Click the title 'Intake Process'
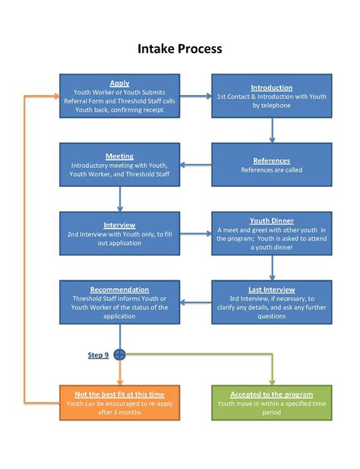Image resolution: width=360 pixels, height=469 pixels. point(180,49)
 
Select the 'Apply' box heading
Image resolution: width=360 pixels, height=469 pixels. point(119,84)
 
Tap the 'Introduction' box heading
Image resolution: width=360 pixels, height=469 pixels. point(271,88)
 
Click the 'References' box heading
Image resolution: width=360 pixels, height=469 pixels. point(271,161)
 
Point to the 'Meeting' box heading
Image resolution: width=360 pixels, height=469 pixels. point(119,156)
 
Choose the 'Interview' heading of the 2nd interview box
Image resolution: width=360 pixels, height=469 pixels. point(119,225)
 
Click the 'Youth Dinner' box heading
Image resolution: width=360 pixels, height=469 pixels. point(271,221)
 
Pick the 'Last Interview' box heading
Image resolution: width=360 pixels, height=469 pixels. point(271,290)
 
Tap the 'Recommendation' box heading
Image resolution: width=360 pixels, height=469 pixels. point(119,290)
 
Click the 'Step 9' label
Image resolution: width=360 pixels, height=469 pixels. point(98,355)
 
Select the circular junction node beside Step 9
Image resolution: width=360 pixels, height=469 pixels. point(119,354)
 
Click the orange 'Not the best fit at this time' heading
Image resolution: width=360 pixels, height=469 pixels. point(119,395)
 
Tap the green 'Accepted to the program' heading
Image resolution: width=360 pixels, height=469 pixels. point(271,395)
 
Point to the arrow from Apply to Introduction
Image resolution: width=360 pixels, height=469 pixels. point(195,96)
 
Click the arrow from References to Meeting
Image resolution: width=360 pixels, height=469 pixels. point(195,165)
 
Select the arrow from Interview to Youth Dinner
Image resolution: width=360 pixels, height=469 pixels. point(195,234)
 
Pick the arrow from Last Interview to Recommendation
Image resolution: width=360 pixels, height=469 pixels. point(195,302)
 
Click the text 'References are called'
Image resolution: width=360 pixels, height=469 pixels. point(271,170)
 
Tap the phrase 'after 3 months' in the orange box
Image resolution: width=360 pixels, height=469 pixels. point(119,413)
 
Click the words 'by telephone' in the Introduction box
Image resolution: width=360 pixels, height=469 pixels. point(271,106)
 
